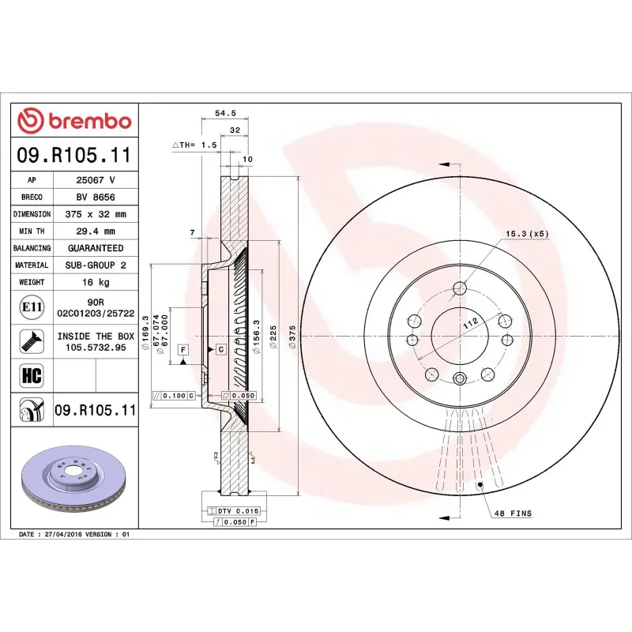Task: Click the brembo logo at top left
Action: pos(74,121)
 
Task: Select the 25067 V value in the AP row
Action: pos(96,180)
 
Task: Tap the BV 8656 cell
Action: pos(96,197)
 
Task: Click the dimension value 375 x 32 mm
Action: pos(96,214)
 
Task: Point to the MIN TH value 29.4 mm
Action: pos(96,231)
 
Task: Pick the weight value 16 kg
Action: pos(96,282)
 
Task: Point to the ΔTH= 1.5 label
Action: pos(194,145)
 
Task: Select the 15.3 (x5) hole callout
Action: pos(527,234)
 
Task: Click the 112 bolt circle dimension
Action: pos(472,322)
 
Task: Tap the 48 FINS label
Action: pos(513,513)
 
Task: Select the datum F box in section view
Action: pos(182,348)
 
